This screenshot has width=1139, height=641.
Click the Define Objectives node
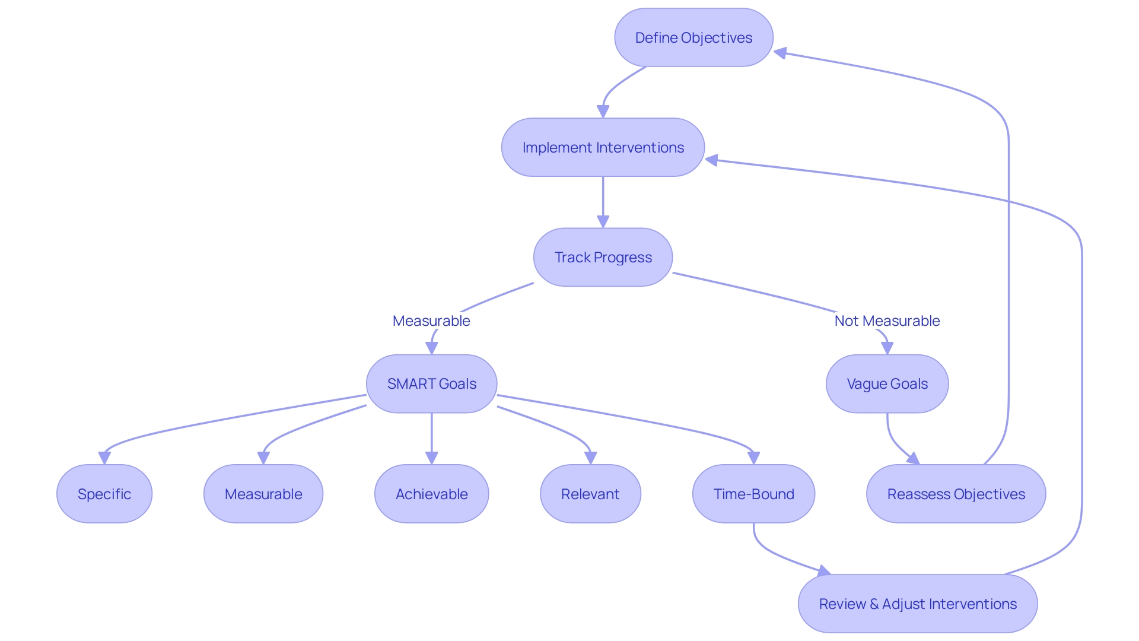[x=693, y=37]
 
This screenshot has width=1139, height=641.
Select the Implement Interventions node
[x=603, y=147]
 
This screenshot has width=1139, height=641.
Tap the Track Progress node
[x=603, y=257]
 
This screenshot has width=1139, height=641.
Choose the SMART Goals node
[x=431, y=384]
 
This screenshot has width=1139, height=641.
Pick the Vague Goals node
[x=887, y=384]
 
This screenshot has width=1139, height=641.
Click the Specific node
[x=104, y=494]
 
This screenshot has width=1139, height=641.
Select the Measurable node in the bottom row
[x=263, y=494]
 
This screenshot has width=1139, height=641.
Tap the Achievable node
[x=431, y=494]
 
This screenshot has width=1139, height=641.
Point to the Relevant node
[x=590, y=494]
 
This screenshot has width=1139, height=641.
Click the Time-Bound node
[x=753, y=494]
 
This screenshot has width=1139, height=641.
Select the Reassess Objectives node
[x=956, y=494]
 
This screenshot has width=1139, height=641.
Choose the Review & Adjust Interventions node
[x=918, y=604]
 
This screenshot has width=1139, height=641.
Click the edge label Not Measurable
[x=887, y=321]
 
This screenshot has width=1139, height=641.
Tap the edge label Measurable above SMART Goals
[x=431, y=321]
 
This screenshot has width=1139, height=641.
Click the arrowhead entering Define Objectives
[x=781, y=53]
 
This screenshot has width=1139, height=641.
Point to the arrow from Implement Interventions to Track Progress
[x=603, y=199]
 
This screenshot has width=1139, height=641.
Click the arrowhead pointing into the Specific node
[x=104, y=458]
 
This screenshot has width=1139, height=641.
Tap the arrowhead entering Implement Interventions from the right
[x=712, y=160]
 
